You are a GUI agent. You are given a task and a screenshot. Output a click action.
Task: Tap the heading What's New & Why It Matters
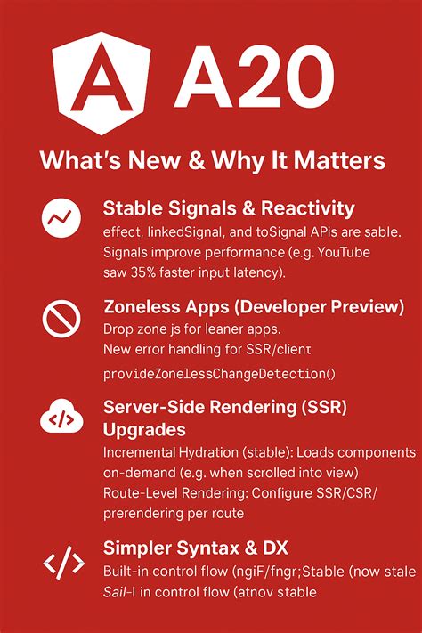tap(212, 161)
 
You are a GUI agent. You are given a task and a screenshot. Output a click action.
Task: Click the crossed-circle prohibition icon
tap(61, 318)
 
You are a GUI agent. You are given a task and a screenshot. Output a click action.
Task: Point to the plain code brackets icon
tap(63, 562)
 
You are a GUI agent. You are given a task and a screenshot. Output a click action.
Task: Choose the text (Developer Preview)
tap(322, 308)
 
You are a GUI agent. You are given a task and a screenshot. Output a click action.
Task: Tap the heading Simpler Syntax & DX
tap(194, 546)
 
